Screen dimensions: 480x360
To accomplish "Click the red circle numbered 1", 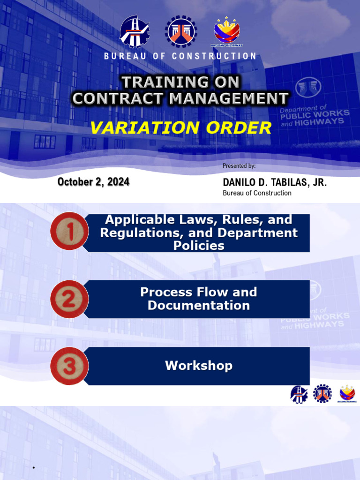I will coord(69,231).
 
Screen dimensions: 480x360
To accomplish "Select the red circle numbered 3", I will coord(69,366).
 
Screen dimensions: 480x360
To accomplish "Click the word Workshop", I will coord(199,366).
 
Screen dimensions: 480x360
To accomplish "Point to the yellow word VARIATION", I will coord(136,127).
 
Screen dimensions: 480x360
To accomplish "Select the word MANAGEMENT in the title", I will coord(229,98).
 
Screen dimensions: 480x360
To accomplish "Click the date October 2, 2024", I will coord(93,182).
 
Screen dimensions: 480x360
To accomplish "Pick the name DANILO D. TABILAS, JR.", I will coord(275,182).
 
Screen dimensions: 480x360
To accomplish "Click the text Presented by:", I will coord(239,166).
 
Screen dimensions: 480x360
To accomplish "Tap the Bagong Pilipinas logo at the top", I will coord(227,31).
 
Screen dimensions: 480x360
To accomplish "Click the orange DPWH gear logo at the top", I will coord(181,31).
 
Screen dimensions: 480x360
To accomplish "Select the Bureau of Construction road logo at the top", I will coord(135,31).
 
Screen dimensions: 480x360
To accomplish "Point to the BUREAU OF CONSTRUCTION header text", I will coord(180,56).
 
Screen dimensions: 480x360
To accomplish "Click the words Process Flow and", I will coord(199,292).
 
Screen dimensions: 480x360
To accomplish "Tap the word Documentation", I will coord(199,306).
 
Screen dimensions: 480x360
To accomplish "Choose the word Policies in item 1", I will coord(199,246).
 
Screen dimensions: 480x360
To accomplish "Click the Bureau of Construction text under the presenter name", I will coord(257,193).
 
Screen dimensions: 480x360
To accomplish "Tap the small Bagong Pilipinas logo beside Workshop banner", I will coord(347,394).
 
